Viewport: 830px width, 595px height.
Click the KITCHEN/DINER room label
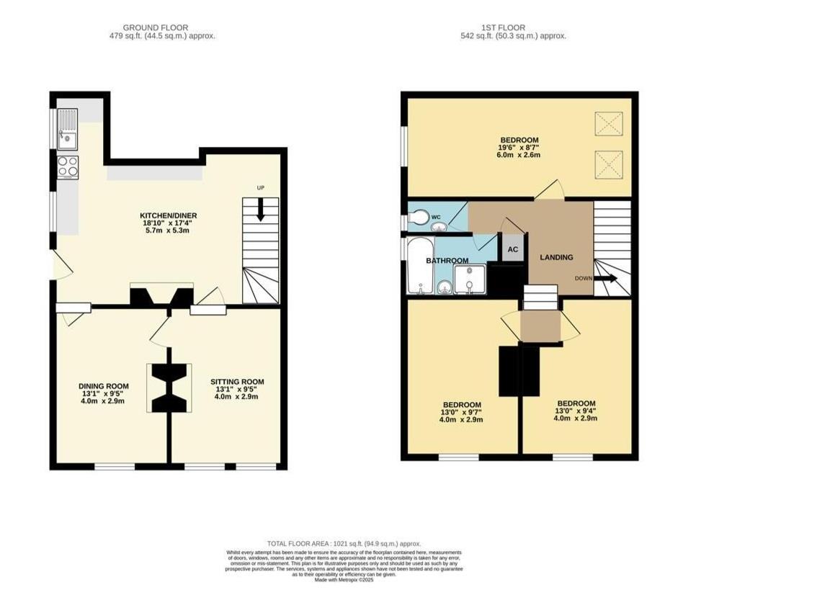[169, 215]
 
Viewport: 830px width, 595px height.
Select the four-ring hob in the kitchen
[68, 166]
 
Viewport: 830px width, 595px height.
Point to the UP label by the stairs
[261, 188]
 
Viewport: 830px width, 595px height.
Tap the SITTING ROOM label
[237, 382]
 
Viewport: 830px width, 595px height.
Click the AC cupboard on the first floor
[512, 249]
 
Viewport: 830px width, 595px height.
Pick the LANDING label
[557, 257]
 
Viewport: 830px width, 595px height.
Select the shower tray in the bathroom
[469, 279]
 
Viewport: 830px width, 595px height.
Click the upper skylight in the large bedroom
[608, 124]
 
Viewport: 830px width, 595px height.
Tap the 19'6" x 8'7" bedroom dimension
[519, 148]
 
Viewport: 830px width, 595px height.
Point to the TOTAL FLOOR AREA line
[344, 544]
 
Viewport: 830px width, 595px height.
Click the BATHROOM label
[447, 260]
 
